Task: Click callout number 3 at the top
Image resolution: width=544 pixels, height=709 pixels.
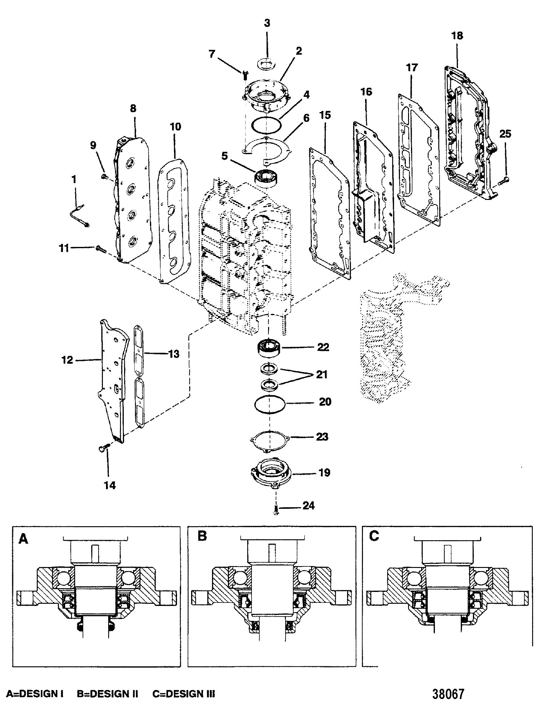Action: click(267, 24)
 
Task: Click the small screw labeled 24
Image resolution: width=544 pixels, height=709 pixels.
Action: click(276, 511)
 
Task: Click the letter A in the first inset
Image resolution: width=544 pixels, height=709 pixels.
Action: click(23, 539)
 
